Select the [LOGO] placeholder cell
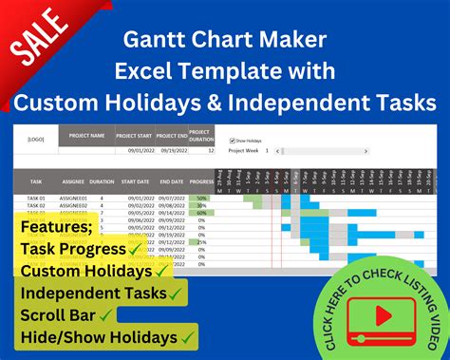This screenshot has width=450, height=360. tap(34, 137)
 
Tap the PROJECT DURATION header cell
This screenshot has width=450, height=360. tap(200, 136)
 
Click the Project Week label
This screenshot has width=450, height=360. tap(243, 151)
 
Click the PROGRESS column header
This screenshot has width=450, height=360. tap(200, 180)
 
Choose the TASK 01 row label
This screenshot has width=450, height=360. tap(35, 198)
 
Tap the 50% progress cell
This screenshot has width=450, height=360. tap(200, 198)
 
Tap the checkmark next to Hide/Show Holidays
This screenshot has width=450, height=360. tap(189, 335)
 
